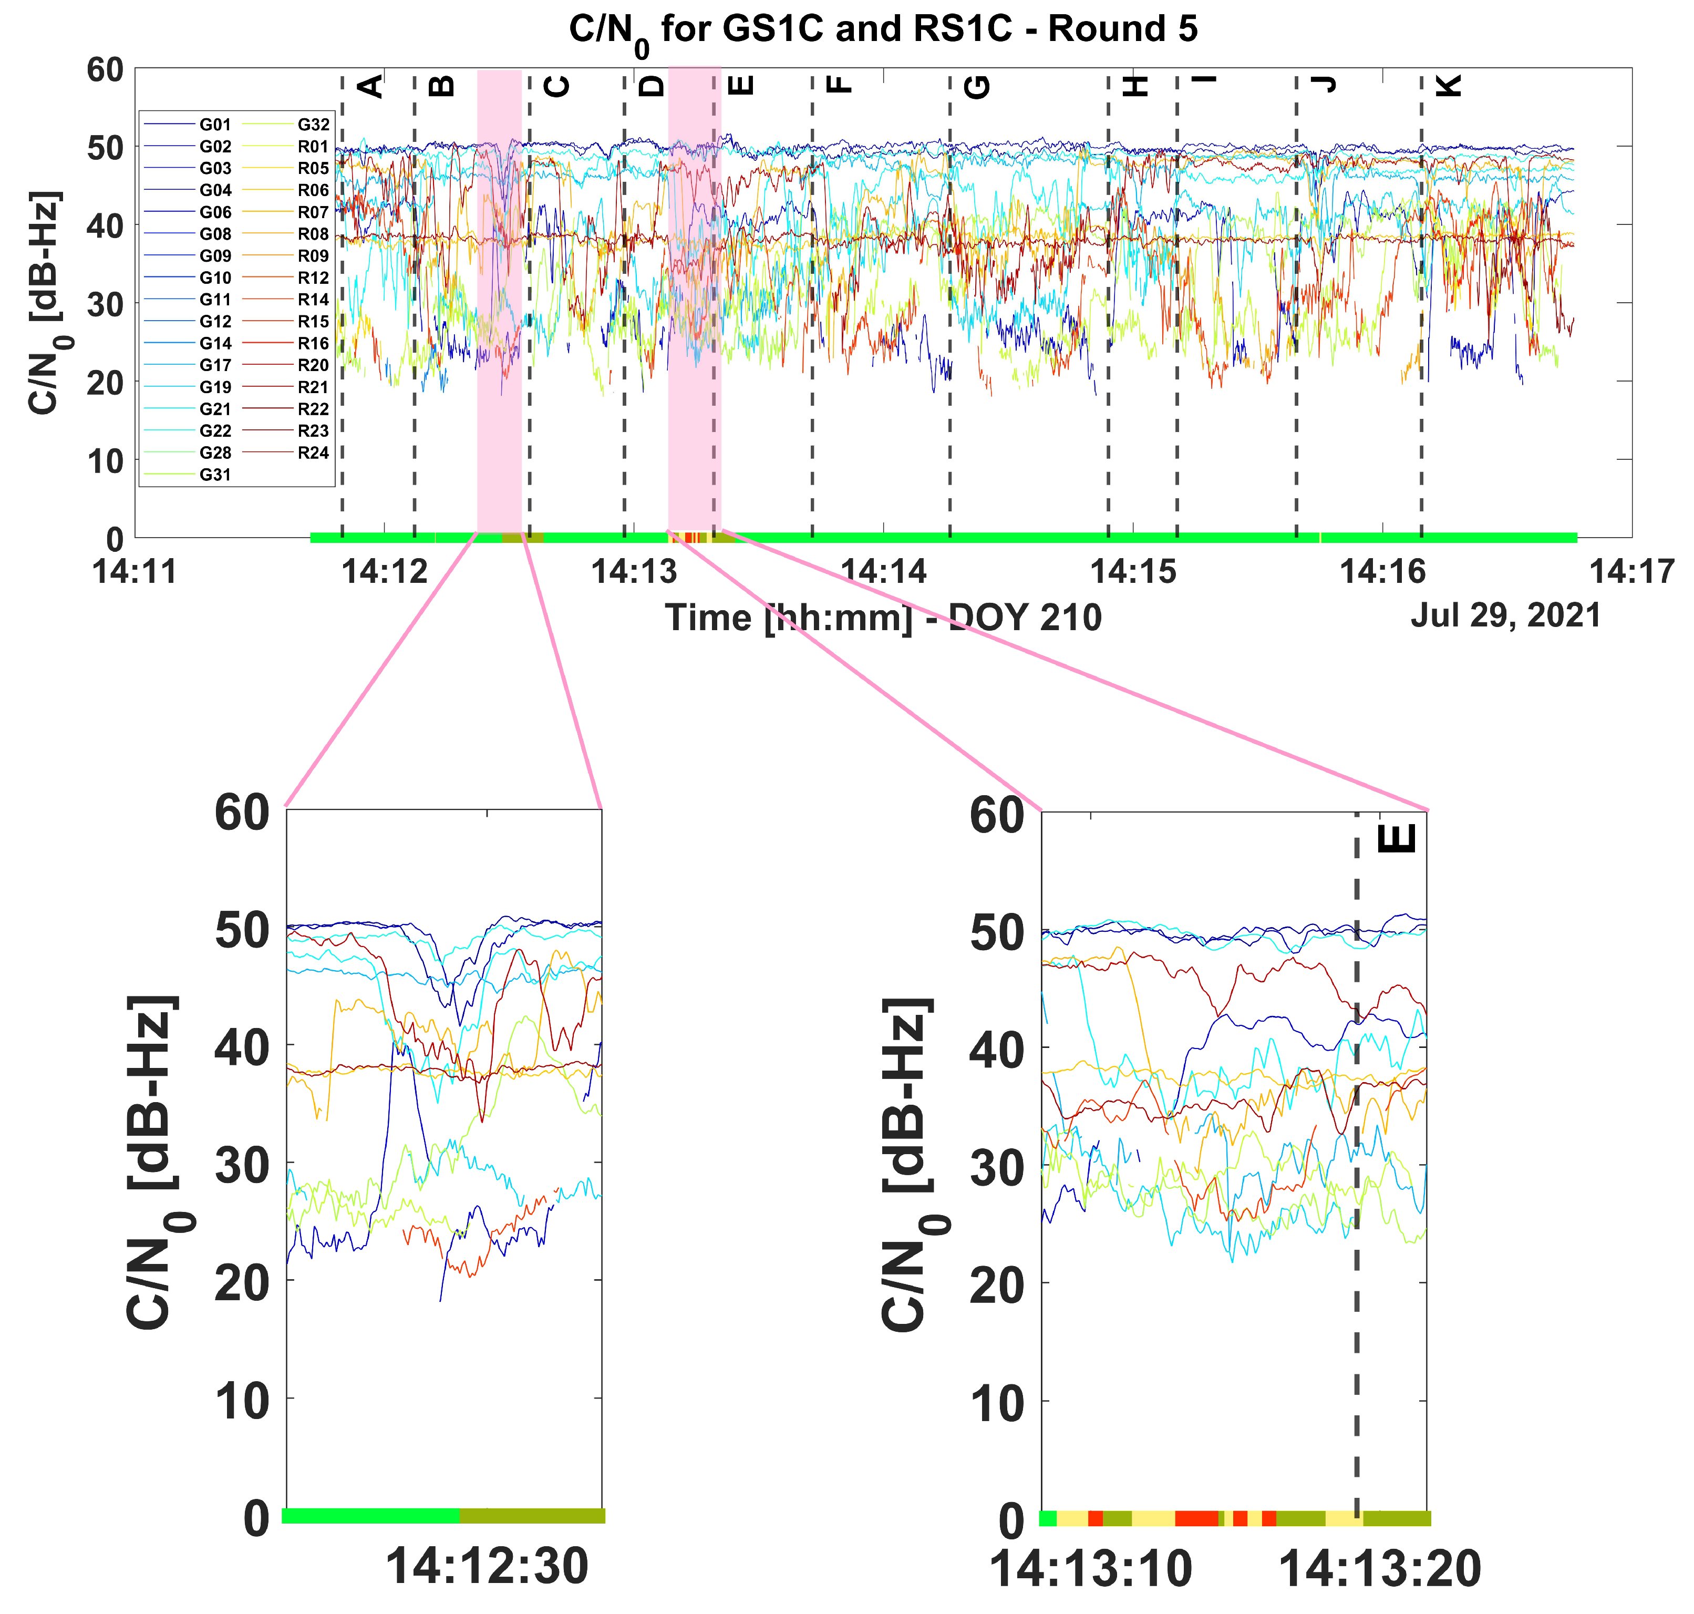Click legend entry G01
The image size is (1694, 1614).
pos(215,125)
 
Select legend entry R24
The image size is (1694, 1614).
pos(313,453)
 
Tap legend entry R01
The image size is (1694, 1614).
pos(313,146)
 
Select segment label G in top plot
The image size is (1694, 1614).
pos(978,86)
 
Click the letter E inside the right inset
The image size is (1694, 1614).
pos(1397,839)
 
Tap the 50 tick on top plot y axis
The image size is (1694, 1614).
pos(105,148)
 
